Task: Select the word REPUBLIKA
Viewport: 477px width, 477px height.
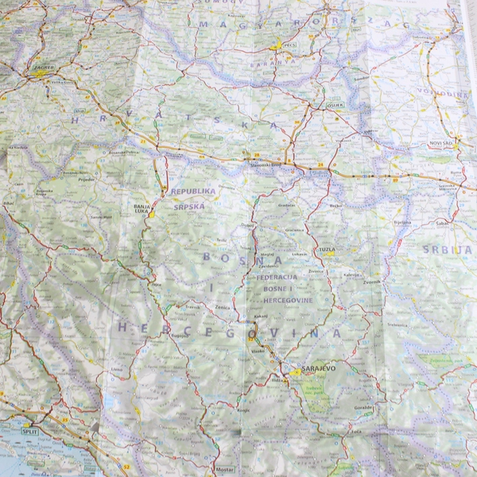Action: pos(193,192)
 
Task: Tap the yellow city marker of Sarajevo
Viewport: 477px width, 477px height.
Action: pos(296,371)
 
